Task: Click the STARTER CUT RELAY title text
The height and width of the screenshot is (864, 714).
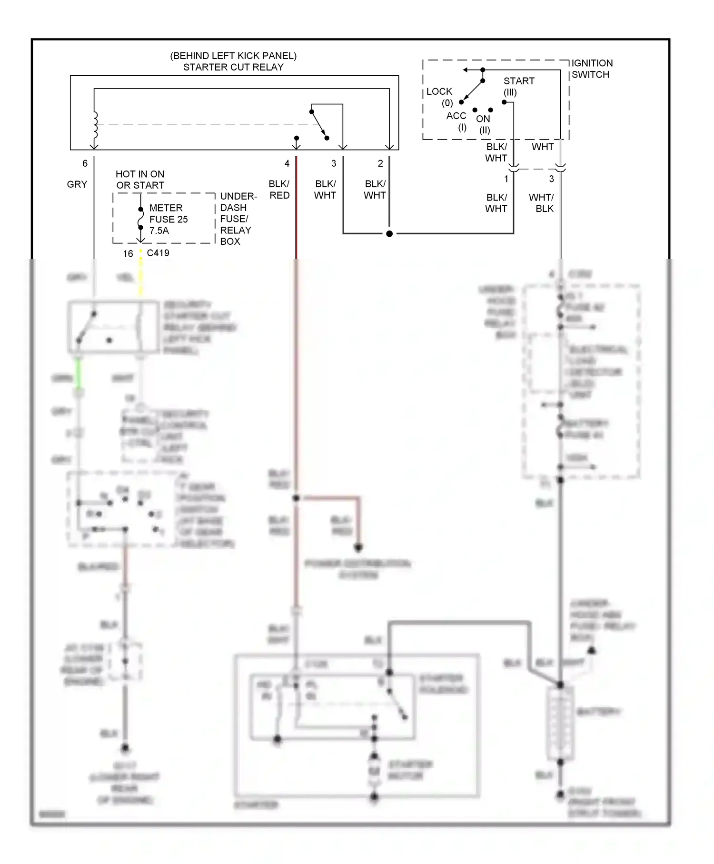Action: pyautogui.click(x=233, y=67)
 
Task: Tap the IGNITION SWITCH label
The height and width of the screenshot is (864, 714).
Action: pyautogui.click(x=592, y=69)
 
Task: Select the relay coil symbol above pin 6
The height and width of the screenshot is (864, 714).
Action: pyautogui.click(x=95, y=125)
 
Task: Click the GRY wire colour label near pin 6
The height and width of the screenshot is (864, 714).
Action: pyautogui.click(x=77, y=184)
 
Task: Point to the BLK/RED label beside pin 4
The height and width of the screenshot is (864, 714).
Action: pyautogui.click(x=279, y=190)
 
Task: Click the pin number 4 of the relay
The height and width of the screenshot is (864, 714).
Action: pyautogui.click(x=287, y=163)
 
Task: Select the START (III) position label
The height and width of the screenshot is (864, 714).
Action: pyautogui.click(x=518, y=86)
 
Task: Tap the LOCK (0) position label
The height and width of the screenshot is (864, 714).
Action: pyautogui.click(x=439, y=97)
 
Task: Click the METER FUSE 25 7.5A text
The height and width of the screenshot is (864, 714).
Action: pyautogui.click(x=168, y=219)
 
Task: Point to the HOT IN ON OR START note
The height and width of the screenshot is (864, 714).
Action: pyautogui.click(x=140, y=180)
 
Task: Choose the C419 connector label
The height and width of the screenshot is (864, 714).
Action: pyautogui.click(x=158, y=253)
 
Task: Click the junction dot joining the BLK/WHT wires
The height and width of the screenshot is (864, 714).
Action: pyautogui.click(x=389, y=234)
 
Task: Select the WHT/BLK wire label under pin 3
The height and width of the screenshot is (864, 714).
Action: pyautogui.click(x=542, y=203)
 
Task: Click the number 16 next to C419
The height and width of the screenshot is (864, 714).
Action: pyautogui.click(x=128, y=254)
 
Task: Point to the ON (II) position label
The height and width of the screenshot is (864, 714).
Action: pyautogui.click(x=484, y=124)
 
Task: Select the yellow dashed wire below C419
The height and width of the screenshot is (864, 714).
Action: pyautogui.click(x=141, y=274)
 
